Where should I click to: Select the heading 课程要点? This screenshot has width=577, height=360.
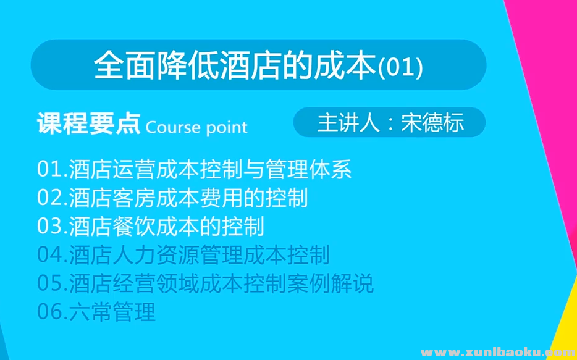(88, 125)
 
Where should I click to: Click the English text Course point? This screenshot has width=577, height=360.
(196, 127)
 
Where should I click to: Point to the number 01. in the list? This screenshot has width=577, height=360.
(52, 169)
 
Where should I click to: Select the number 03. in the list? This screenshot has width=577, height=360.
(52, 226)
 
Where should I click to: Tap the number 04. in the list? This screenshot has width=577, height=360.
(52, 255)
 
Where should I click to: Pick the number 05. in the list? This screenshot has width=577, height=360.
(52, 283)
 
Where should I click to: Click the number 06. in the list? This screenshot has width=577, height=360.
(52, 312)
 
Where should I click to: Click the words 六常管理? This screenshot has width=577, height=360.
(112, 312)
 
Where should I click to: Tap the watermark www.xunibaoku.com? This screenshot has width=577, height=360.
(496, 353)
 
